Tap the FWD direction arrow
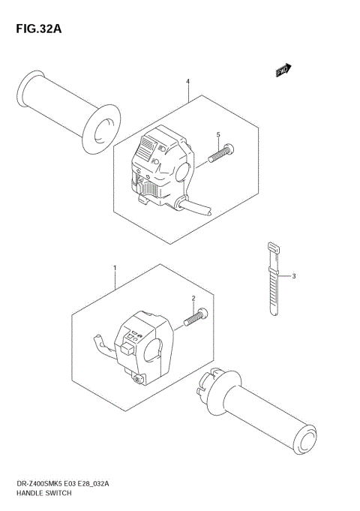tap(283, 71)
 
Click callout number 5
tap(217, 135)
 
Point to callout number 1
tap(115, 267)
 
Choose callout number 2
tap(193, 298)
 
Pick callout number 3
tap(294, 276)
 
